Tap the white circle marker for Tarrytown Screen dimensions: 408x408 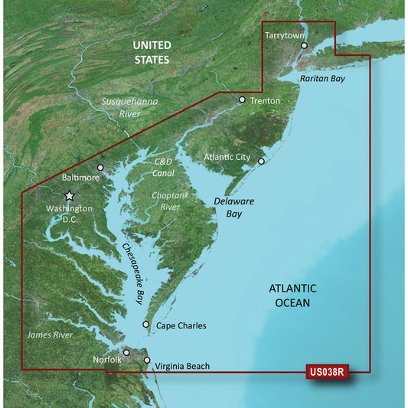(304, 46)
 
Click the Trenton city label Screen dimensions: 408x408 (264, 100)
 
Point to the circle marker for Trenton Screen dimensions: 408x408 (242, 100)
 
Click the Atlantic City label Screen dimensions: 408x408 (227, 157)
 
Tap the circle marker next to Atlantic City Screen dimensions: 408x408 (261, 162)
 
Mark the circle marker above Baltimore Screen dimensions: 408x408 (100, 167)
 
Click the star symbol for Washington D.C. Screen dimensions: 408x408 (69, 196)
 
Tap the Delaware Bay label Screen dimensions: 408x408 (230, 207)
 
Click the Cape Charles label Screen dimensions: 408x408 (181, 326)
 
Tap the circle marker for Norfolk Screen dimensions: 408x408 (127, 352)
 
